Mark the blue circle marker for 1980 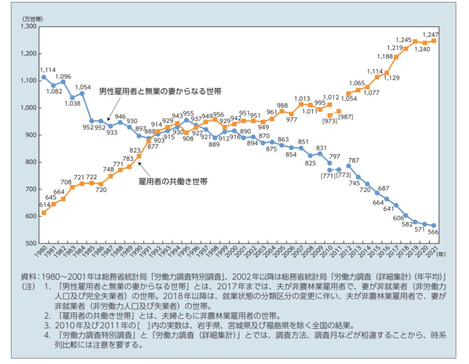(44, 77)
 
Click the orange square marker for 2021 (434, 41)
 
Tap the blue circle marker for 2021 (434, 226)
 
